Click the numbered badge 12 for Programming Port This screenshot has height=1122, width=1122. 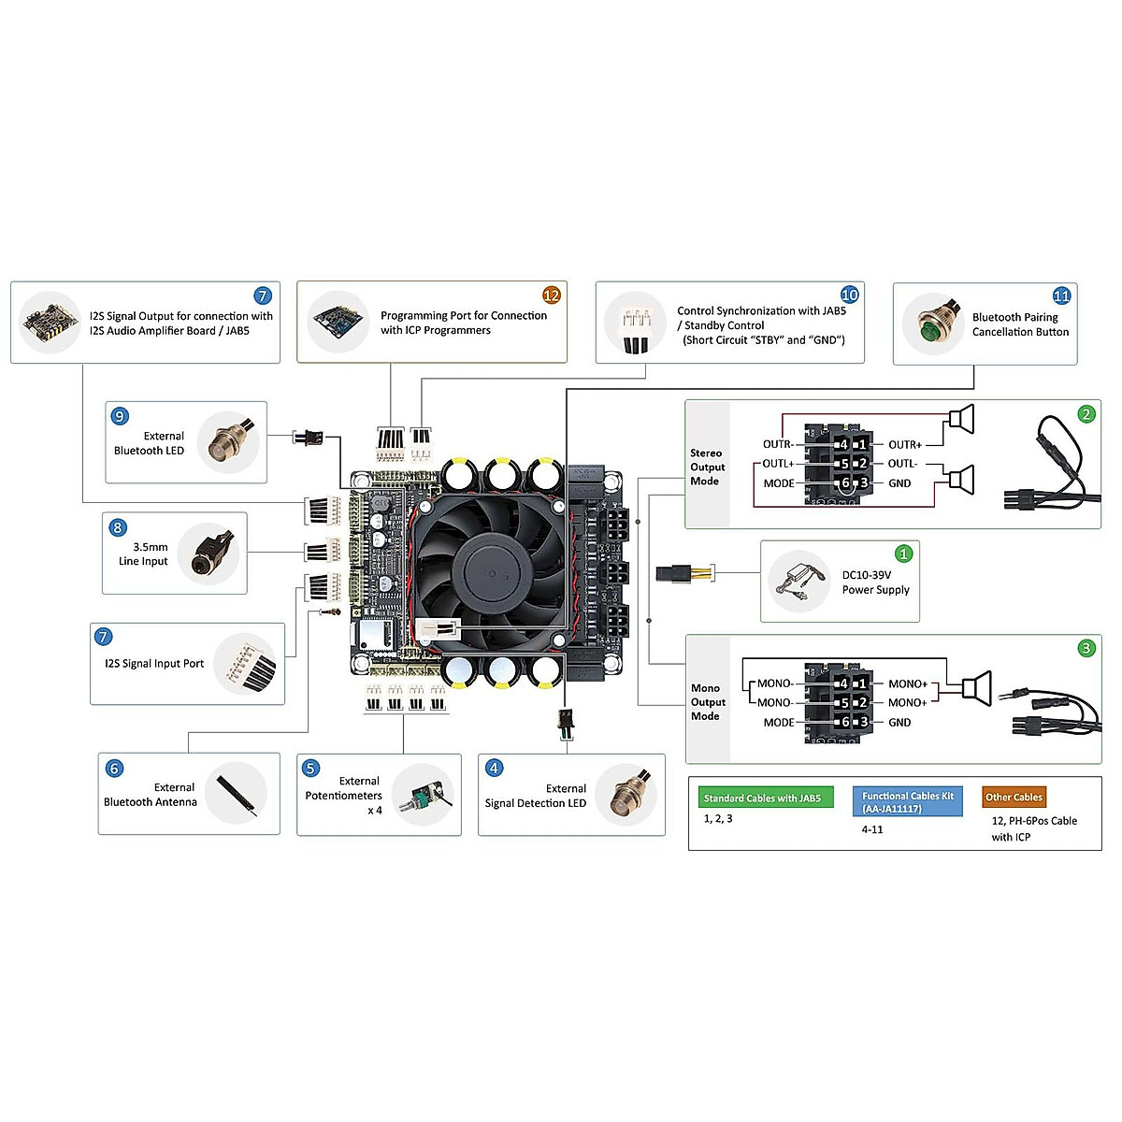[x=552, y=295]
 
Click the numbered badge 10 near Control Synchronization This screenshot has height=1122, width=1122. [x=849, y=295]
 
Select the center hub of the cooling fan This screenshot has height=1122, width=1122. [x=487, y=570]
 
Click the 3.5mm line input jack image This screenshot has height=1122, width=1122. [x=209, y=554]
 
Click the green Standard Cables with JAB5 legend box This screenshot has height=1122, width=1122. [x=765, y=798]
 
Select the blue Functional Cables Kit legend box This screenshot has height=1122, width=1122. [x=907, y=802]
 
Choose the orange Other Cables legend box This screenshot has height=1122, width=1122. [x=1014, y=798]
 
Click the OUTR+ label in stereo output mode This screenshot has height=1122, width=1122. [x=904, y=445]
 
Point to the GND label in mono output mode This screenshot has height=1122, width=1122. [x=899, y=723]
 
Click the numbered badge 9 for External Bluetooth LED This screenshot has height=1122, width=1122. [x=120, y=416]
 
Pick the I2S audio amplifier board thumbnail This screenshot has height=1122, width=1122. [x=50, y=323]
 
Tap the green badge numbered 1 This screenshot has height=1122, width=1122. [x=903, y=554]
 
